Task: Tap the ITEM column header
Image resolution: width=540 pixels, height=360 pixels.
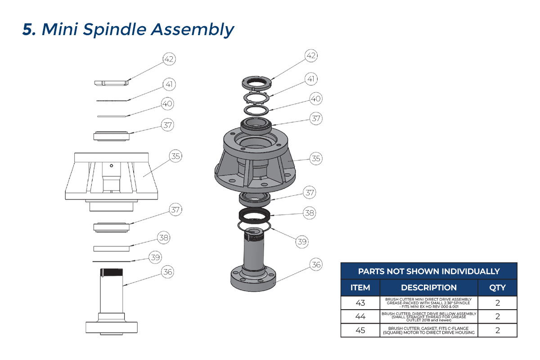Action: pyautogui.click(x=360, y=288)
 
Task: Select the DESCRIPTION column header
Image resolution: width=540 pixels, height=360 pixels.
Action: pyautogui.click(x=428, y=288)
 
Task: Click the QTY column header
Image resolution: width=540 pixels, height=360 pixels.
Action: pyautogui.click(x=497, y=288)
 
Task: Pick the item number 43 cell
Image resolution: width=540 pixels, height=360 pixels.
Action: pyautogui.click(x=360, y=303)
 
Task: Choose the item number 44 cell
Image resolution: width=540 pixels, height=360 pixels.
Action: pyautogui.click(x=360, y=317)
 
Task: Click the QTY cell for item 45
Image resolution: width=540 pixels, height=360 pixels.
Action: pyautogui.click(x=497, y=330)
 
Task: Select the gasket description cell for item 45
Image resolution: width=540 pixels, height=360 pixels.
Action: pyautogui.click(x=428, y=330)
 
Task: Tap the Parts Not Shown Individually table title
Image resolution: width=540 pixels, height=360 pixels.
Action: pyautogui.click(x=428, y=271)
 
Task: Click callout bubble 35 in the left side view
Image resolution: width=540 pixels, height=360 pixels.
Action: pyautogui.click(x=175, y=156)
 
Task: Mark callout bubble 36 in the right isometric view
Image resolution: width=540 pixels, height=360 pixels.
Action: pyautogui.click(x=316, y=265)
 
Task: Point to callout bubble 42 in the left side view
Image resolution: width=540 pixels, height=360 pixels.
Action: pyautogui.click(x=169, y=59)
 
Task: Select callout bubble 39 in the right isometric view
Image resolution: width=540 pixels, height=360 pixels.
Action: pyautogui.click(x=301, y=242)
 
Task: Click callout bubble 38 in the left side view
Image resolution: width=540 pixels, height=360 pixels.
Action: pyautogui.click(x=163, y=238)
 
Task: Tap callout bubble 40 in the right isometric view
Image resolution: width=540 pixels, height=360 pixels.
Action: pyautogui.click(x=316, y=98)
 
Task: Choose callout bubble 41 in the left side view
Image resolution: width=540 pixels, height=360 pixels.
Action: pyautogui.click(x=169, y=84)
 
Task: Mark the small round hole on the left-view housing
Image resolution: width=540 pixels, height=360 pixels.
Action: pyautogui.click(x=112, y=165)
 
